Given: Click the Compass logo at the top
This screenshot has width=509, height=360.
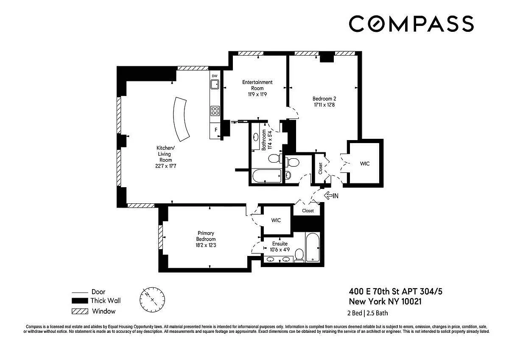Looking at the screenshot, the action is [411, 24].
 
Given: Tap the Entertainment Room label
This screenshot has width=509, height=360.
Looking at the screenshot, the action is [257, 85].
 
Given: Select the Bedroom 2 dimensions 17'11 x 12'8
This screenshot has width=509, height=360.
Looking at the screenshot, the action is [324, 105].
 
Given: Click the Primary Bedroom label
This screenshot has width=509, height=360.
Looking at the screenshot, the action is [206, 236].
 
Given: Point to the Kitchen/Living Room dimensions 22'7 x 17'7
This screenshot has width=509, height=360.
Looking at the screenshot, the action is [166, 166].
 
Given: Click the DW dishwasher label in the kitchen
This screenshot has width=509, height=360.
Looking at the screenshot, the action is [215, 76].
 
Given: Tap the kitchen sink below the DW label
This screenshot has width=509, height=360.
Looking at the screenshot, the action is [215, 84].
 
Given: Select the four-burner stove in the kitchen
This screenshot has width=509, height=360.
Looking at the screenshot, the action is [215, 111].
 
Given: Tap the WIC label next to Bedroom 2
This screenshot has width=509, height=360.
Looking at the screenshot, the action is [365, 163].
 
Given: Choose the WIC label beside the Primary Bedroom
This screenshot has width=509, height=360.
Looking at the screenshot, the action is [276, 220].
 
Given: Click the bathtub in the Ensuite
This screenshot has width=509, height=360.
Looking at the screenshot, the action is [313, 247].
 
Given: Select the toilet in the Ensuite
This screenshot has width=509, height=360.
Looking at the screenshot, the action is [299, 256].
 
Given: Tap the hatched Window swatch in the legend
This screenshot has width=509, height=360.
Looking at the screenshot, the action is [80, 311].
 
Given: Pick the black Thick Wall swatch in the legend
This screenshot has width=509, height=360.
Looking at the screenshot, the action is [80, 301].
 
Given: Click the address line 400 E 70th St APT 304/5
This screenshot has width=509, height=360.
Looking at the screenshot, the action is [396, 291].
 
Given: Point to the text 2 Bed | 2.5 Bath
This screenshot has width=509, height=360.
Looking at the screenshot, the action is [367, 313].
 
